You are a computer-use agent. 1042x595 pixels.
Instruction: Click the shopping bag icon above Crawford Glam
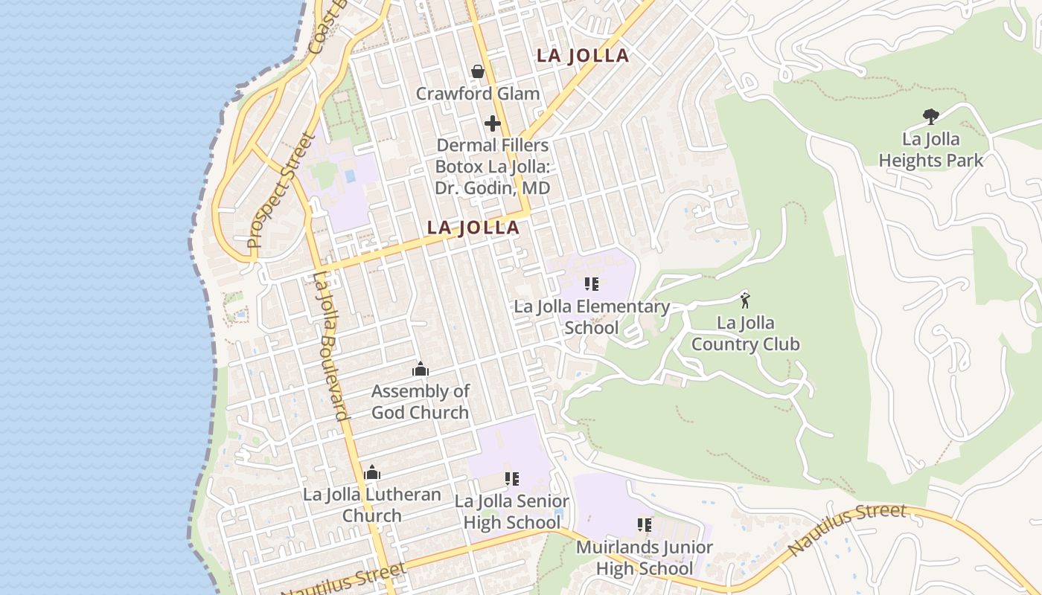pyautogui.click(x=478, y=71)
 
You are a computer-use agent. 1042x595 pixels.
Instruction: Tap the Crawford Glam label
pyautogui.click(x=478, y=94)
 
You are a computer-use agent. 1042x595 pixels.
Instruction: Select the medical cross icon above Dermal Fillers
pyautogui.click(x=493, y=123)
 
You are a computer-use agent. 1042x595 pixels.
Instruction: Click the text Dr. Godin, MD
pyautogui.click(x=493, y=188)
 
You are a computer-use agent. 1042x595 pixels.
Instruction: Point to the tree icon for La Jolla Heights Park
pyautogui.click(x=930, y=116)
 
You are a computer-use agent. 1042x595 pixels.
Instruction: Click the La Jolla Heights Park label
pyautogui.click(x=930, y=149)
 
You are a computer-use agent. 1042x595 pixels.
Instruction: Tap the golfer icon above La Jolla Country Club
pyautogui.click(x=745, y=300)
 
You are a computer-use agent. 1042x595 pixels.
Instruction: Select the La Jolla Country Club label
pyautogui.click(x=745, y=334)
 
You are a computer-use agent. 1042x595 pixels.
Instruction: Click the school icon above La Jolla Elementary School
pyautogui.click(x=592, y=284)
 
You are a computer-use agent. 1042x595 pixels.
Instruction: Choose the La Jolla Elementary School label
pyautogui.click(x=592, y=317)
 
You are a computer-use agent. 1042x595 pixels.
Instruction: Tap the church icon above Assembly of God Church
pyautogui.click(x=421, y=369)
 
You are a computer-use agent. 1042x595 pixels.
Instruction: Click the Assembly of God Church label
pyautogui.click(x=421, y=402)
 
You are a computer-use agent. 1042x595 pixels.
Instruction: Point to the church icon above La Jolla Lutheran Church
pyautogui.click(x=372, y=472)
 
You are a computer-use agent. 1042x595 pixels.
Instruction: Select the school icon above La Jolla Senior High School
pyautogui.click(x=512, y=479)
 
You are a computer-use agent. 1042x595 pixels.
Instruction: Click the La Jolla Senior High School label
pyautogui.click(x=512, y=512)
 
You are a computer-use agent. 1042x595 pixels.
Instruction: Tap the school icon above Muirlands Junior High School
pyautogui.click(x=645, y=525)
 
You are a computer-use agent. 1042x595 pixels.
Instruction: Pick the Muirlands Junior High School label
pyautogui.click(x=645, y=558)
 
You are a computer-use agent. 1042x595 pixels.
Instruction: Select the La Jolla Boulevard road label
pyautogui.click(x=331, y=346)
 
